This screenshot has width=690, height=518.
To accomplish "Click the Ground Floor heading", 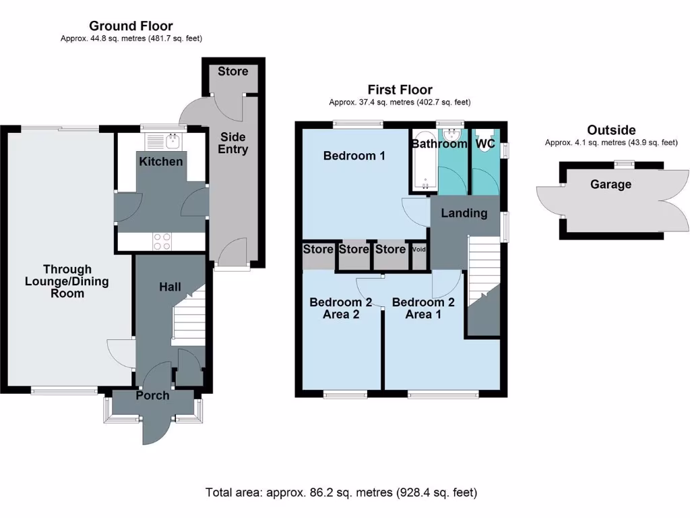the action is click(131, 26).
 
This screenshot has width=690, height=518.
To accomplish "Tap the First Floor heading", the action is click(400, 90).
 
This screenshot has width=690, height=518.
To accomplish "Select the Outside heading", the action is click(611, 130).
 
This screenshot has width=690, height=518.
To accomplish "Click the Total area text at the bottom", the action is click(341, 492).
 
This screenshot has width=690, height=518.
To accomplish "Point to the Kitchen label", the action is click(160, 162).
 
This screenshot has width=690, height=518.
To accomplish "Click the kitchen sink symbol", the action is click(172, 141).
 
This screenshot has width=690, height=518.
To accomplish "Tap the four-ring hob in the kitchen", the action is click(162, 241).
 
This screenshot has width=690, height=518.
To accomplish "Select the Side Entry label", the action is click(232, 143).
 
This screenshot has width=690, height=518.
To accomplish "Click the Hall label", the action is click(170, 287).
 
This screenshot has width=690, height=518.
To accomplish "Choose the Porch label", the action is click(152, 395).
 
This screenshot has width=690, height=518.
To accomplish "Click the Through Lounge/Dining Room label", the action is click(67, 281).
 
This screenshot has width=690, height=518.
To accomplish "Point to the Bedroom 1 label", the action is click(354, 156).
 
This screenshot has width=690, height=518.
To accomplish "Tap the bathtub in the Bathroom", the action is click(425, 161).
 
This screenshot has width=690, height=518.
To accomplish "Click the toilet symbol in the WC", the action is click(484, 141).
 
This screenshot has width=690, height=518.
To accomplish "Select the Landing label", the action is click(464, 213).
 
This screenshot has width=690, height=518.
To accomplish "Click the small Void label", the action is click(419, 250).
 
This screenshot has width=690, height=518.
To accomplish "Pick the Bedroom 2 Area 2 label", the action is click(340, 308).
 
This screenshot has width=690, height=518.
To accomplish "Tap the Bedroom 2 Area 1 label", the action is click(423, 308).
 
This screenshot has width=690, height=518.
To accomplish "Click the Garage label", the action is click(610, 184).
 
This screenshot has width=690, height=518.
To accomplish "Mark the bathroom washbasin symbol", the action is click(451, 134).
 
